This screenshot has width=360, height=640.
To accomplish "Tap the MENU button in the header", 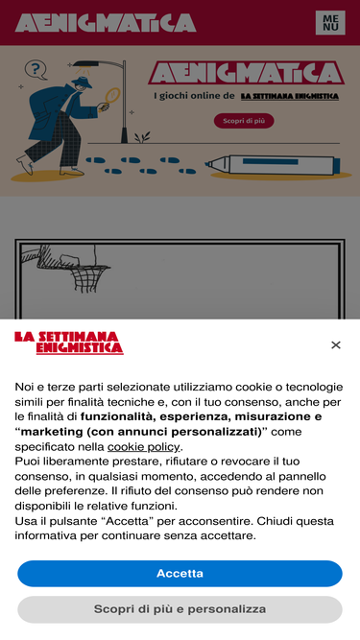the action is pos(330,23).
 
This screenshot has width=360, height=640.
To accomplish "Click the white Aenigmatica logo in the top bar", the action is pos(106,23).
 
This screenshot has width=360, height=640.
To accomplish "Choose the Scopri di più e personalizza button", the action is pos(180,609).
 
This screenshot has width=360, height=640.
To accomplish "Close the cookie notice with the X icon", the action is pos(336,344).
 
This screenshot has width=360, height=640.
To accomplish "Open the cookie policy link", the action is pos(143,447).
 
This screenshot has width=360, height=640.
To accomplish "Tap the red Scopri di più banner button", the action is pos(244,121).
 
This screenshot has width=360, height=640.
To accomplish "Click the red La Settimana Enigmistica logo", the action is pos(69,343).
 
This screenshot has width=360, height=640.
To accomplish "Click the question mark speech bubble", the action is pos(36,69).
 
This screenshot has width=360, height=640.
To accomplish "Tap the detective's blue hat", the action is pos(83,82).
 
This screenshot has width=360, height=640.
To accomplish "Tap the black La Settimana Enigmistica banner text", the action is pos(289,96).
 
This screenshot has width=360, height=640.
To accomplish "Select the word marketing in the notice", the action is pos(46,432).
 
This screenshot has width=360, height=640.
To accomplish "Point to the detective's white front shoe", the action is pos(26,166).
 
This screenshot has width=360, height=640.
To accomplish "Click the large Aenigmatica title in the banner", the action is pos(246,73).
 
